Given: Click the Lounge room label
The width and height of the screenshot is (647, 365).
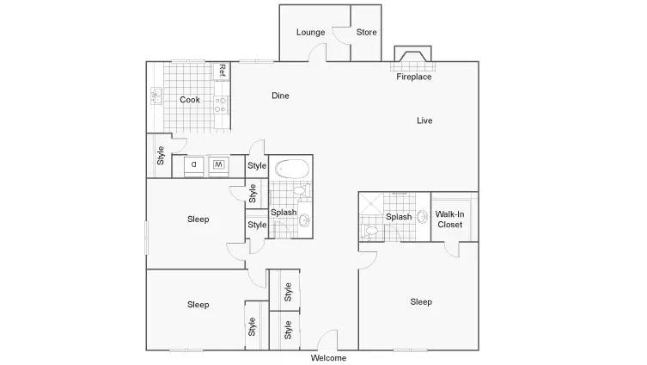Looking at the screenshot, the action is click(x=310, y=32).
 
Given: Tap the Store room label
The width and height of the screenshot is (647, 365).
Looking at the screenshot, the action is click(x=366, y=32).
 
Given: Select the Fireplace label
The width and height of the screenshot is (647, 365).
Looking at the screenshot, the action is click(x=414, y=77).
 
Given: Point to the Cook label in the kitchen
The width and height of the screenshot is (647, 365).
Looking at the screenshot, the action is click(x=190, y=100).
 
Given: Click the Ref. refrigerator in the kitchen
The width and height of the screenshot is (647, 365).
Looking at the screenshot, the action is click(x=222, y=71).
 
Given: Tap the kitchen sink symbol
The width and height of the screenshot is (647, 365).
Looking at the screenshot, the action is click(x=156, y=96).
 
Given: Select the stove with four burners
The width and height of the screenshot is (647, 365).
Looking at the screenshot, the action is click(x=221, y=105).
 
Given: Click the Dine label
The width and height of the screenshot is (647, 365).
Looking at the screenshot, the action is click(x=280, y=96).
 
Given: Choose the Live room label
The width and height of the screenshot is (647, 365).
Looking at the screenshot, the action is click(x=424, y=121).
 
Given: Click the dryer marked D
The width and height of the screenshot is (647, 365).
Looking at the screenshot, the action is click(x=193, y=165).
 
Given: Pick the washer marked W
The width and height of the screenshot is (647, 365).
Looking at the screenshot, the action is click(x=218, y=165).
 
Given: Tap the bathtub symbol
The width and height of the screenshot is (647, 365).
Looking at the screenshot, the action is click(x=292, y=169).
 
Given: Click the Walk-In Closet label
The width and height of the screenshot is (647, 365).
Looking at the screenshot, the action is click(x=449, y=220).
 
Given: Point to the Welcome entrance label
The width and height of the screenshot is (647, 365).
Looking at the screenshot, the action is click(x=328, y=358).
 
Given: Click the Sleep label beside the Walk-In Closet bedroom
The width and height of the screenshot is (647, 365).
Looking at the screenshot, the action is click(x=421, y=302).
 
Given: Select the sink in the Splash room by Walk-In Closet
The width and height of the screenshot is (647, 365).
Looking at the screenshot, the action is click(x=422, y=217).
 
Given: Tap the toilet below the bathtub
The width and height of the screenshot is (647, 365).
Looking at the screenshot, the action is click(x=302, y=190).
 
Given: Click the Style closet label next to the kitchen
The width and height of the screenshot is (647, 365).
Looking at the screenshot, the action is click(x=160, y=156).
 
